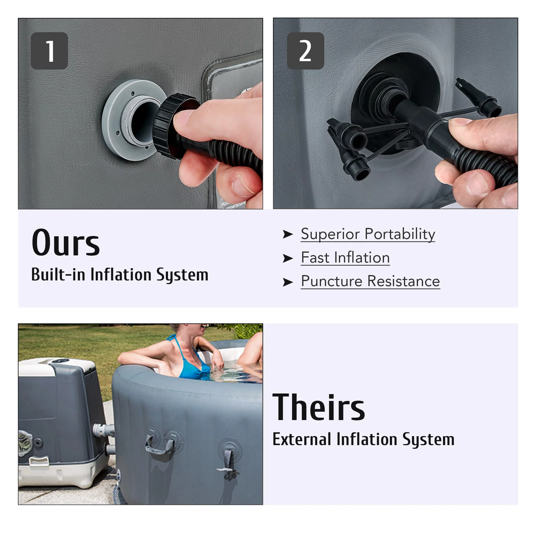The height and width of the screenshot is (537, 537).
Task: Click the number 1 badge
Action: pos(49,51)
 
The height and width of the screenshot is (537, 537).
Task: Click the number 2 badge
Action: pos(305,51)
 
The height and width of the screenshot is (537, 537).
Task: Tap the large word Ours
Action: pos(66,243)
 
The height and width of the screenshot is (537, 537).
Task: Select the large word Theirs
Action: pos(319,407)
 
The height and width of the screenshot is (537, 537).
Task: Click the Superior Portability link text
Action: pos(368,234)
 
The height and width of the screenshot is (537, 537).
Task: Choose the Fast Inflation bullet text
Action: pos(345,257)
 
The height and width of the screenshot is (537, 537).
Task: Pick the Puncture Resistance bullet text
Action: pos(371,281)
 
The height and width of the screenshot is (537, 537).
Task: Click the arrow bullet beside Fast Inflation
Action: pos(288,258)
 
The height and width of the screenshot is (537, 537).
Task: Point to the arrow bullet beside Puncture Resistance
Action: pos(288,282)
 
